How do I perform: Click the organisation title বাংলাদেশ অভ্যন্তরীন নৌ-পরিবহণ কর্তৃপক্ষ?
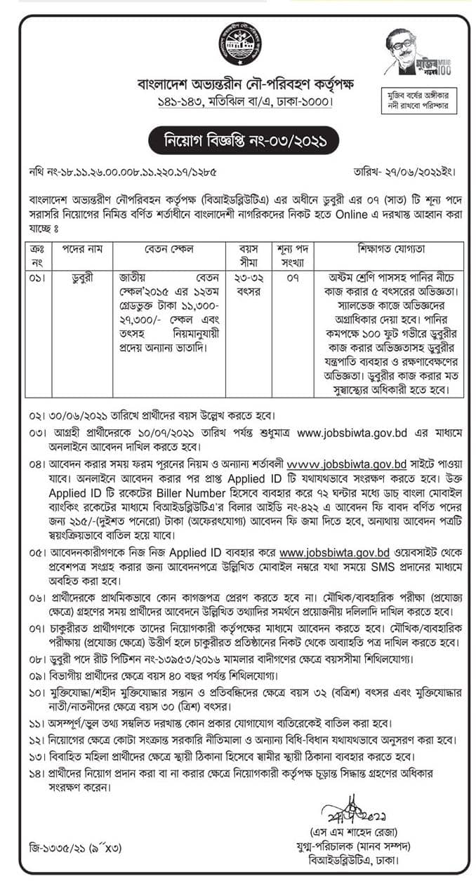237,86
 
